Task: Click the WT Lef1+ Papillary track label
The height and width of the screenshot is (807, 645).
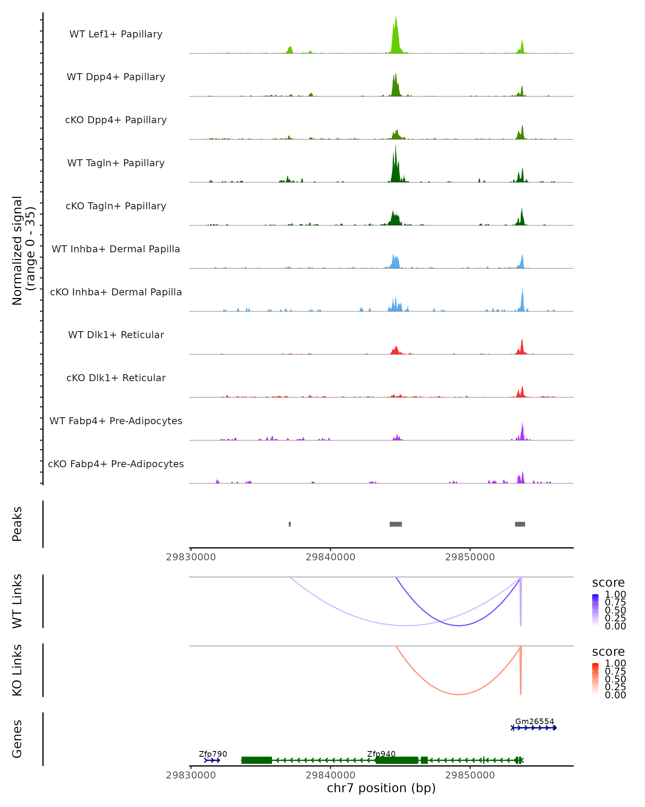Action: click(116, 34)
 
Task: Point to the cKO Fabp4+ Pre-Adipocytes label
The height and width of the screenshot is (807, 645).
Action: click(116, 464)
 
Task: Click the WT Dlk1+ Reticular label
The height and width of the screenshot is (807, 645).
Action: click(116, 335)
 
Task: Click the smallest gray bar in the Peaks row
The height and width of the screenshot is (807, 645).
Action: click(290, 524)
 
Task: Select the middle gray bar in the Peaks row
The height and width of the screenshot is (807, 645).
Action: click(396, 524)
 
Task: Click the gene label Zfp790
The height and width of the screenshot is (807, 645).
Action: click(213, 754)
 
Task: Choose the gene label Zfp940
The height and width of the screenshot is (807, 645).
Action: click(381, 754)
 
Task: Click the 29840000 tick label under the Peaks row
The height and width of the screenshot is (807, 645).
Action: click(330, 557)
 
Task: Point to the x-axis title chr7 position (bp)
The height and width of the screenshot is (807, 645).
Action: click(381, 788)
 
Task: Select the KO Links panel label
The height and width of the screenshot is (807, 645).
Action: click(17, 670)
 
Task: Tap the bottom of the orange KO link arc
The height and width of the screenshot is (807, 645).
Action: click(458, 694)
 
